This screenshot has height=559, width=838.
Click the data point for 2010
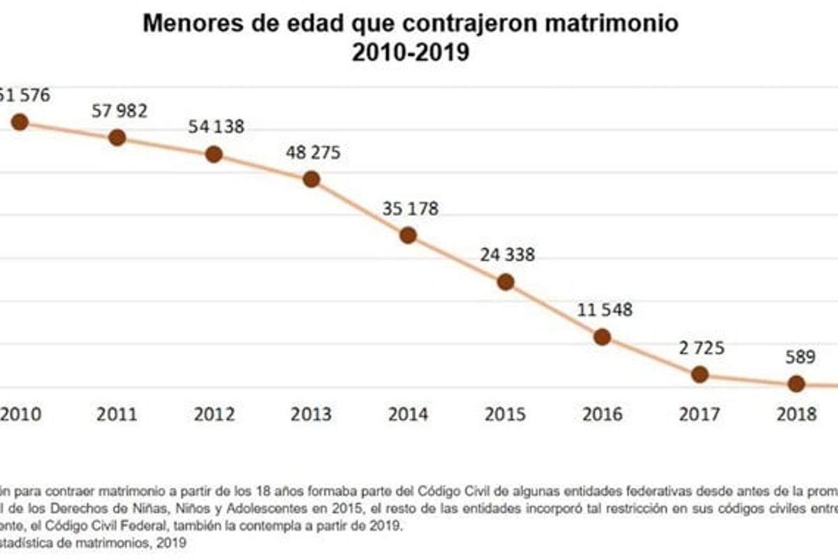(20, 122)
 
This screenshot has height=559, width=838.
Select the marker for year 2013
(311, 179)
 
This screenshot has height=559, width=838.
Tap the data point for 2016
(603, 337)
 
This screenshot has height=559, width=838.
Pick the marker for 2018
(797, 383)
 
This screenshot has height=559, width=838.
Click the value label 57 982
(119, 110)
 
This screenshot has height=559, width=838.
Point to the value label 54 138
(215, 127)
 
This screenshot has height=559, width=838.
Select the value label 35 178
(410, 208)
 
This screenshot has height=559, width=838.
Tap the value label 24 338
(507, 254)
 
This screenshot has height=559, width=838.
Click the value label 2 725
(700, 347)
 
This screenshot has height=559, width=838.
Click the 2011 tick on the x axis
(117, 414)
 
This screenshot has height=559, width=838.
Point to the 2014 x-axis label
(409, 414)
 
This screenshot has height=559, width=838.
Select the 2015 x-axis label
(506, 414)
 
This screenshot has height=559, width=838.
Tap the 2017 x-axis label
(700, 414)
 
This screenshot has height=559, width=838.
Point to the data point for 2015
(506, 282)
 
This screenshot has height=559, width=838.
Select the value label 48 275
(312, 152)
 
